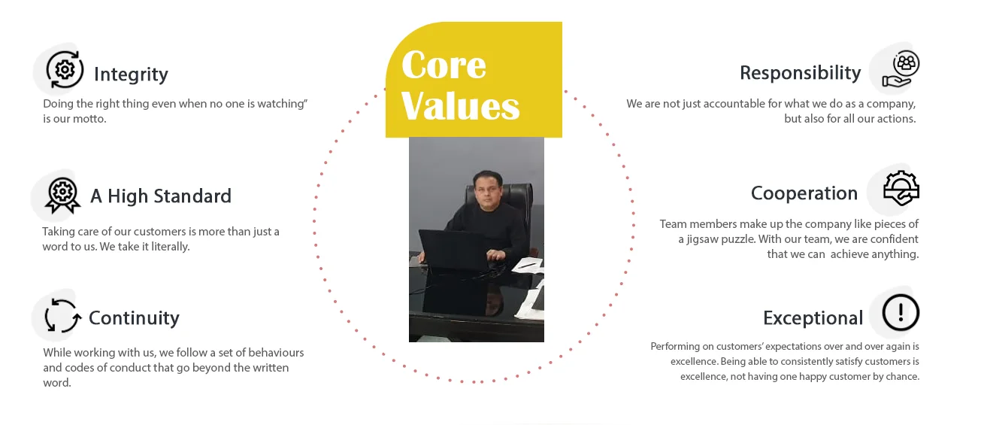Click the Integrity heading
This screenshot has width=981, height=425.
pyautogui.click(x=131, y=74)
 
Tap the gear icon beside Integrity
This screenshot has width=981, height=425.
pyautogui.click(x=65, y=70)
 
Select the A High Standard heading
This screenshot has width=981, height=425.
pyautogui.click(x=161, y=196)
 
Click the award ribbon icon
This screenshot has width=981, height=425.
pyautogui.click(x=62, y=196)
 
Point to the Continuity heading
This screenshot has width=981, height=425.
pyautogui.click(x=134, y=318)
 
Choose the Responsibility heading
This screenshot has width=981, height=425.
pyautogui.click(x=800, y=73)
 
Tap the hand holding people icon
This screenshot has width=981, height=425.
pyautogui.click(x=901, y=69)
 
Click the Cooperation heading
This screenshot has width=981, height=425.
pyautogui.click(x=804, y=193)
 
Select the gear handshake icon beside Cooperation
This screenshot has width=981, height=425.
pyautogui.click(x=901, y=188)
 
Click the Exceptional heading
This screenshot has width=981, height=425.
pyautogui.click(x=813, y=318)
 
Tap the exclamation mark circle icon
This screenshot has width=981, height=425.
pyautogui.click(x=901, y=312)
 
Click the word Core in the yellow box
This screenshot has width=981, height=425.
pyautogui.click(x=444, y=65)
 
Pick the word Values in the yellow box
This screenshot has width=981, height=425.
pyautogui.click(x=460, y=105)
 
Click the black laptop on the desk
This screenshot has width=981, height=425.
pyautogui.click(x=454, y=250)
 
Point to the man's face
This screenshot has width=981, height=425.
pyautogui.click(x=486, y=189)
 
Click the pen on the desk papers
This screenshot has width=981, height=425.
pyautogui.click(x=526, y=265)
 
